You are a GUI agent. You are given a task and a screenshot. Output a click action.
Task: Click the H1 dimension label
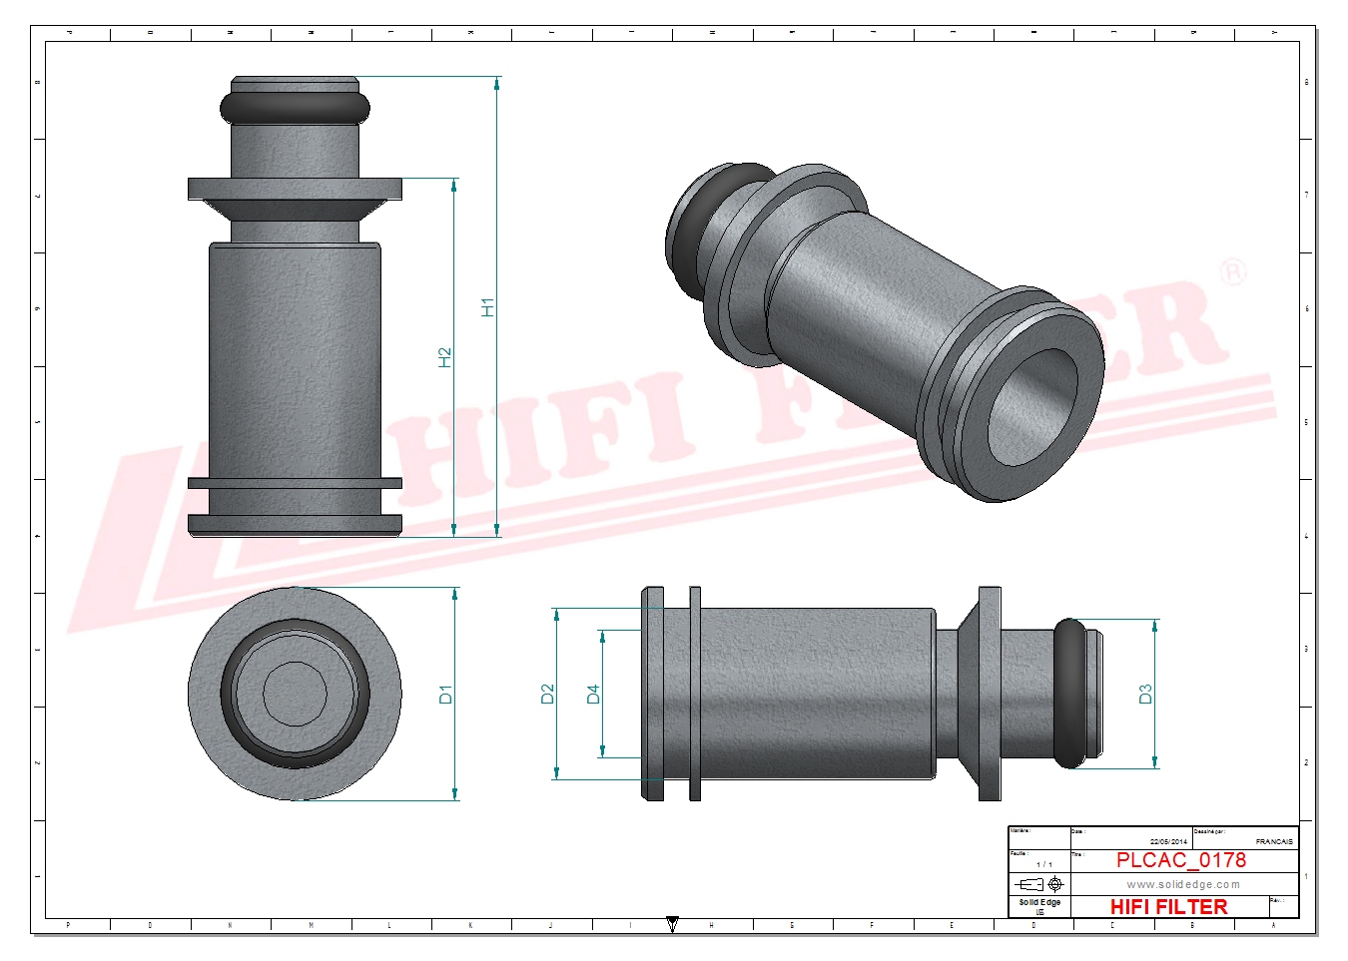point(487,307)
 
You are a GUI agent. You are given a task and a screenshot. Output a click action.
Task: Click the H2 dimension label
point(445,356)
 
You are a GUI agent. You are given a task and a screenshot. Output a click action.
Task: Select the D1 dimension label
point(445,694)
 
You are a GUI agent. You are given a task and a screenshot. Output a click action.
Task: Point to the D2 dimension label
point(547,694)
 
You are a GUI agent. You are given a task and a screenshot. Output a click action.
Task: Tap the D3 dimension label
point(1145,694)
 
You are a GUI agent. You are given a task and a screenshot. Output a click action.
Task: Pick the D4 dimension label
point(593,694)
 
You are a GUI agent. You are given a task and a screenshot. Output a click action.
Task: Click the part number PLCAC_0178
point(1180,860)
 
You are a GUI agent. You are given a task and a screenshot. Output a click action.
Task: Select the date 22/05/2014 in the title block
point(1168,841)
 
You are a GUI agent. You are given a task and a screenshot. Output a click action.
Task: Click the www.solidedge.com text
point(1183,884)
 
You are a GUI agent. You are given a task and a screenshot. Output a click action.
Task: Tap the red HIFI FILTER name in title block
point(1168,906)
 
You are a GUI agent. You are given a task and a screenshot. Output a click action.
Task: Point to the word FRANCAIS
point(1274,841)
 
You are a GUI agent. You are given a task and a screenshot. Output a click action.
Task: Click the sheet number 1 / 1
point(1043,864)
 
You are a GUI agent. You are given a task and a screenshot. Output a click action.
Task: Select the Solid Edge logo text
point(1039,902)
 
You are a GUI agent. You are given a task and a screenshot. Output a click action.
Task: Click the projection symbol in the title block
point(1039,884)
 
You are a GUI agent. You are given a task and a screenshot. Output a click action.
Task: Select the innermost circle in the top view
point(295,694)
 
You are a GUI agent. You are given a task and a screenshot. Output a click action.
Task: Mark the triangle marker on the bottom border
point(672,925)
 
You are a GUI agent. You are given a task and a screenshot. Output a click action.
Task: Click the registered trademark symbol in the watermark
point(1234,271)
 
